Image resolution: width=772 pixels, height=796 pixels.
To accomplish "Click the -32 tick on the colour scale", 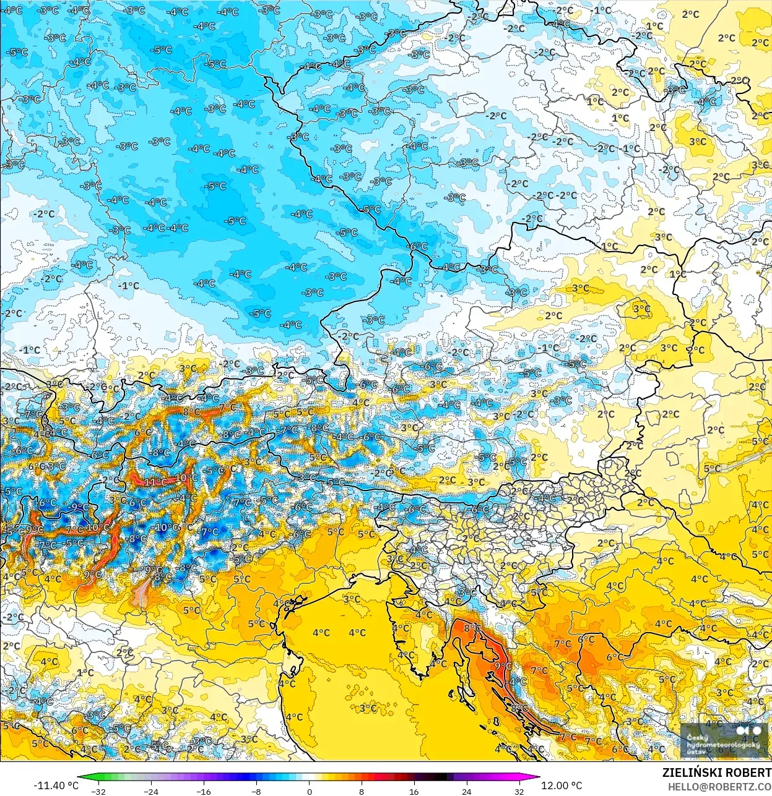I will [98, 791].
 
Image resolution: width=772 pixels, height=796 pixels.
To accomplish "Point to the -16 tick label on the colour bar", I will [203, 791].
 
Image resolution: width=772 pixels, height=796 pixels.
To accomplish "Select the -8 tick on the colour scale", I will [256, 791].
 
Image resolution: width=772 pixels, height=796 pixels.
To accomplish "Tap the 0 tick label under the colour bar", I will [309, 791].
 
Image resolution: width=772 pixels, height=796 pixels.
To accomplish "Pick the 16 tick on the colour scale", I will [414, 791].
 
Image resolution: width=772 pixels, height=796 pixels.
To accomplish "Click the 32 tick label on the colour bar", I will [519, 791].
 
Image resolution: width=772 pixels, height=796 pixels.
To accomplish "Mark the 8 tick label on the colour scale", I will [361, 791].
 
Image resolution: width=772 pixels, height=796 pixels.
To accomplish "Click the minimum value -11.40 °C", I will [56, 785].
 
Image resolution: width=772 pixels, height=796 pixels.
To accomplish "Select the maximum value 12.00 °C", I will [562, 785].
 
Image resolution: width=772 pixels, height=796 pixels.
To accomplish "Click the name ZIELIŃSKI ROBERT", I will [716, 772].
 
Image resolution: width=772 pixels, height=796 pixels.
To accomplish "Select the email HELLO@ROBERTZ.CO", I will [719, 786].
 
